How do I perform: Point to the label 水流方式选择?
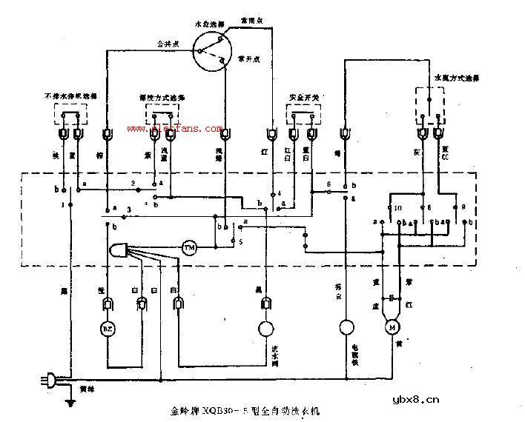[455, 76]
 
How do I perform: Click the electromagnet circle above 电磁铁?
[345, 327]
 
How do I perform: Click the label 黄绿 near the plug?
[85, 388]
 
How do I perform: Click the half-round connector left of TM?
[120, 249]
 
